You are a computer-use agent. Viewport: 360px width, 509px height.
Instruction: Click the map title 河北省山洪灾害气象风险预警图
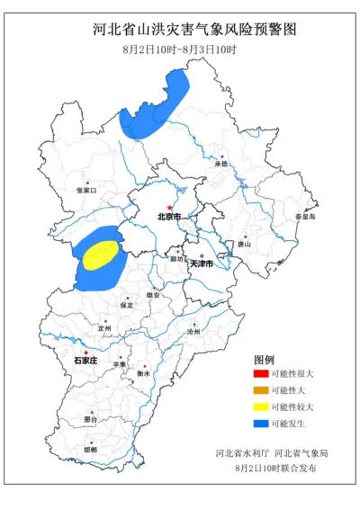click(181, 31)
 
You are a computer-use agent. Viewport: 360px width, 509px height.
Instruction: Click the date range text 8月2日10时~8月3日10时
click(179, 49)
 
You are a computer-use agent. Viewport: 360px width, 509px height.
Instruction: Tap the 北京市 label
click(168, 217)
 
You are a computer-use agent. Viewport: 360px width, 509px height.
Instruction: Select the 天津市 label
click(199, 264)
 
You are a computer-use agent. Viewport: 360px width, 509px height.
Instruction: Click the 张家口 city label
click(86, 191)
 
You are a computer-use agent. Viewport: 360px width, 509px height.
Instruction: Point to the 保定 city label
click(126, 305)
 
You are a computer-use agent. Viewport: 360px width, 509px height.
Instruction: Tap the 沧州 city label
click(192, 332)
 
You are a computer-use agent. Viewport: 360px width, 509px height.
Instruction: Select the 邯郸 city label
click(90, 449)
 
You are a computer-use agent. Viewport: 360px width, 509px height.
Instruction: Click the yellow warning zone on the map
click(99, 254)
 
